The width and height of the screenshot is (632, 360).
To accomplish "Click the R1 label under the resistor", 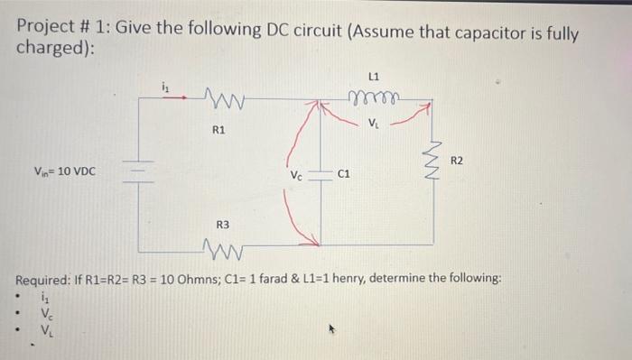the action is [x=218, y=131].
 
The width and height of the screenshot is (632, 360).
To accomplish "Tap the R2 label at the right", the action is [x=456, y=160].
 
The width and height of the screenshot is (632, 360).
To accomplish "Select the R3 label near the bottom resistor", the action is [x=222, y=224].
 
